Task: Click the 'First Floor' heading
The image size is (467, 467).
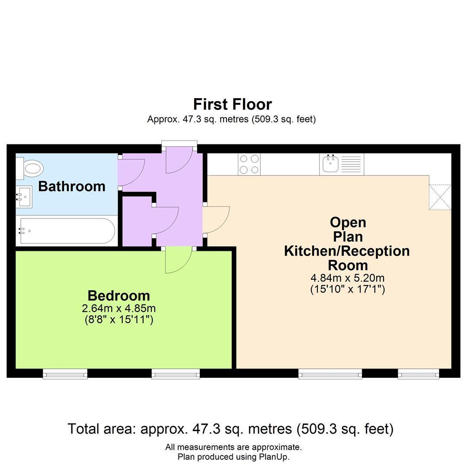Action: (232, 104)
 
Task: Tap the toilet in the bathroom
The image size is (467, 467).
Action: (30, 168)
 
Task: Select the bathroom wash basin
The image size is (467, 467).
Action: (24, 197)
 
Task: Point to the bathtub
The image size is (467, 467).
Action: (66, 231)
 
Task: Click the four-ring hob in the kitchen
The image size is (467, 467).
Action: (249, 164)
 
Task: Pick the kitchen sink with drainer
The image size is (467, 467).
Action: (342, 164)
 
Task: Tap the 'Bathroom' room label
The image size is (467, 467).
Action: (72, 186)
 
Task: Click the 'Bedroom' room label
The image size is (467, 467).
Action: (118, 296)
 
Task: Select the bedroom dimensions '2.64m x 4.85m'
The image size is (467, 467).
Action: (118, 308)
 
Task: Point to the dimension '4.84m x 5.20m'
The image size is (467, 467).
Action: (348, 278)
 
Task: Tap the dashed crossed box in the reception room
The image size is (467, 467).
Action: (440, 197)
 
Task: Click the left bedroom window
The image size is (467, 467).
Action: (65, 374)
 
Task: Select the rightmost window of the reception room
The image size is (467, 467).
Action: (419, 374)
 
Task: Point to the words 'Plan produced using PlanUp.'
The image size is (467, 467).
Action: (233, 457)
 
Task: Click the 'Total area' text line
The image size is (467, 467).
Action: (231, 429)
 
